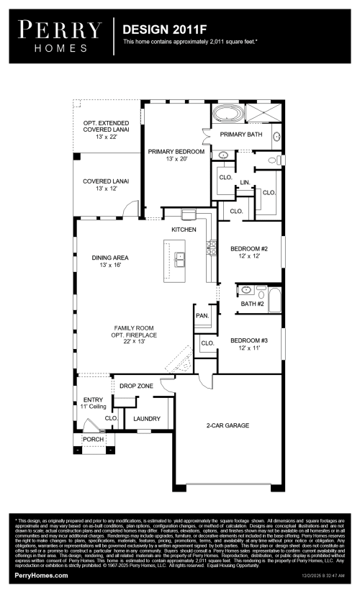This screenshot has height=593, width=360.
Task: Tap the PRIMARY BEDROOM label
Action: click(x=176, y=155)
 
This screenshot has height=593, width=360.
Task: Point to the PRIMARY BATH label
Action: click(x=241, y=135)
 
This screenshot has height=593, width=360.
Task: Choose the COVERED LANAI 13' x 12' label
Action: click(x=105, y=185)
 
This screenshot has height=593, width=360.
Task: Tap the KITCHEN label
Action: click(x=184, y=229)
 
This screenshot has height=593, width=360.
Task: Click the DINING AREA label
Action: click(x=109, y=261)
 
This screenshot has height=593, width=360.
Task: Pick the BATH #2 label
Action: click(x=253, y=304)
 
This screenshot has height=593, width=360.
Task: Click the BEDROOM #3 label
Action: click(x=249, y=344)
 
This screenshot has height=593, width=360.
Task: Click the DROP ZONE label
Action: click(x=136, y=386)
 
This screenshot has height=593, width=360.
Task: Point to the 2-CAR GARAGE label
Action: click(x=227, y=425)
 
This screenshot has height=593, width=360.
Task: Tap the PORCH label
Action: click(x=92, y=439)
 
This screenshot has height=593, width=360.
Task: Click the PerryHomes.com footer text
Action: click(x=42, y=576)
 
